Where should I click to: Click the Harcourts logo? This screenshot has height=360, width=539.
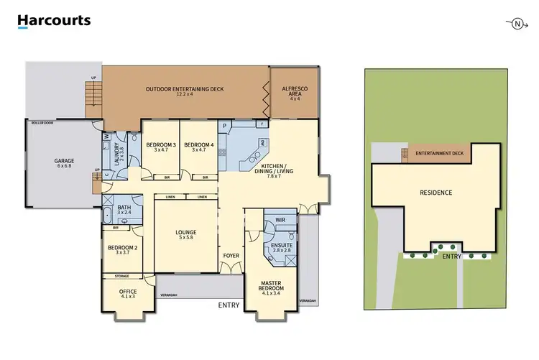point(54,21)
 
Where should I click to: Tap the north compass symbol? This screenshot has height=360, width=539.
point(516,24)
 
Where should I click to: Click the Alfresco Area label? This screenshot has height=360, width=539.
point(294,91)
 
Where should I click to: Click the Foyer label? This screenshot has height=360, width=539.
point(231,254)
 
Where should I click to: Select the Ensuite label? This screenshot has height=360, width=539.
point(281,246)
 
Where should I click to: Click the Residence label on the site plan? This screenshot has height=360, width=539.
point(436,193)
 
